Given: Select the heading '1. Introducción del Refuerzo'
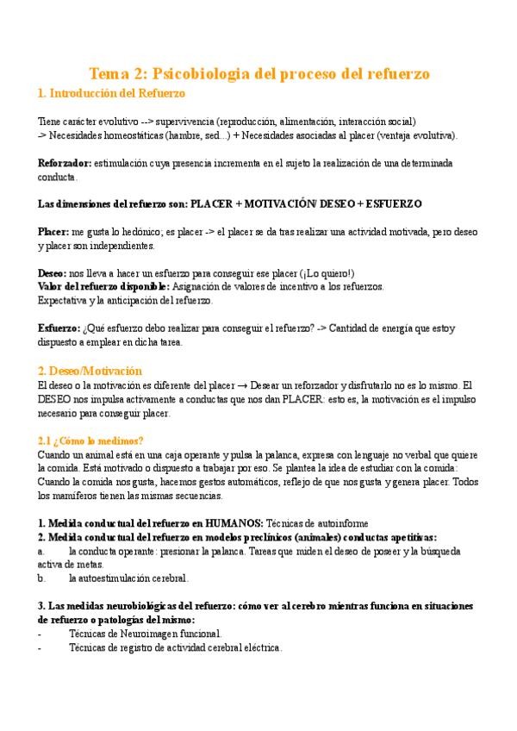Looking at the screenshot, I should coord(111,92).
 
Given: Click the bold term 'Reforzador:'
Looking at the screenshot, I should coord(65,163).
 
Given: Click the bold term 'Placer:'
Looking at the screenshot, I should coord(54,232).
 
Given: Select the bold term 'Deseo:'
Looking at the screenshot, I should coord(53,273).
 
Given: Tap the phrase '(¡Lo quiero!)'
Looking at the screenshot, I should coord(325,273).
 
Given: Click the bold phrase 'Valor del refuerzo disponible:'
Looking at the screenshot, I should coord(104,286).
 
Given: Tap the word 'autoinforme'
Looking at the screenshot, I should coord(339,523).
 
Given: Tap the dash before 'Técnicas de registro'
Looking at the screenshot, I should coord(40,647).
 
